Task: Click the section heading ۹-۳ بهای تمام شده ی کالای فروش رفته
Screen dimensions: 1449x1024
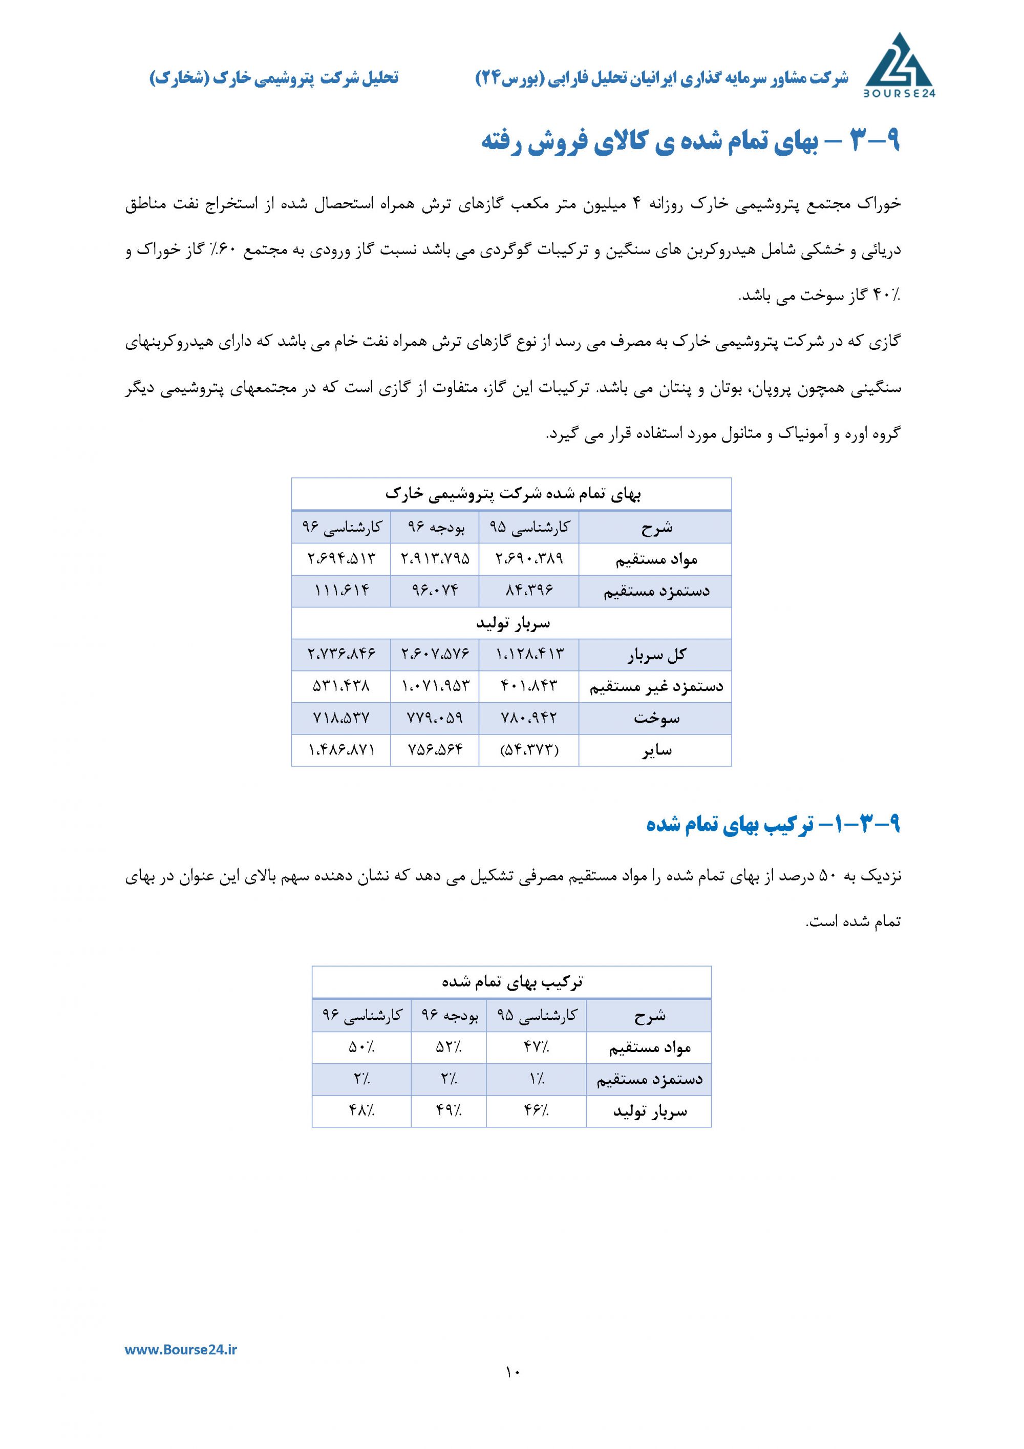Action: click(690, 142)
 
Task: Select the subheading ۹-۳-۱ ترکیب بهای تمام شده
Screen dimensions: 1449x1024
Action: click(773, 824)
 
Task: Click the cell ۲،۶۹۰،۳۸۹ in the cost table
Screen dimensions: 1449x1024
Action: click(529, 558)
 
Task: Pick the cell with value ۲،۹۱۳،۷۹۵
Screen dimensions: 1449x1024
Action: click(435, 558)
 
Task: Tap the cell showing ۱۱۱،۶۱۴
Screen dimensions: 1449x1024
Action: click(342, 591)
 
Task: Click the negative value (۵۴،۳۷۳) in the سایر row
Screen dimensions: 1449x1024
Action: click(529, 750)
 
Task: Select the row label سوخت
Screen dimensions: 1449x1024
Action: click(656, 718)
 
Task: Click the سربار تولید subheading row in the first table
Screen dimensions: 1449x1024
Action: click(511, 623)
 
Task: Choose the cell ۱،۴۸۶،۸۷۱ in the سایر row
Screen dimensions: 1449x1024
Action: click(342, 750)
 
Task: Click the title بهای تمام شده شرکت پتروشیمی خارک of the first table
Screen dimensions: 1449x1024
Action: click(511, 494)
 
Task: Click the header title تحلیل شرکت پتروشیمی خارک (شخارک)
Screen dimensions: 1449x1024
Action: click(274, 78)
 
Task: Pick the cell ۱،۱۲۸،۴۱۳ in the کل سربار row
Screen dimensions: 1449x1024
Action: click(529, 655)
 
